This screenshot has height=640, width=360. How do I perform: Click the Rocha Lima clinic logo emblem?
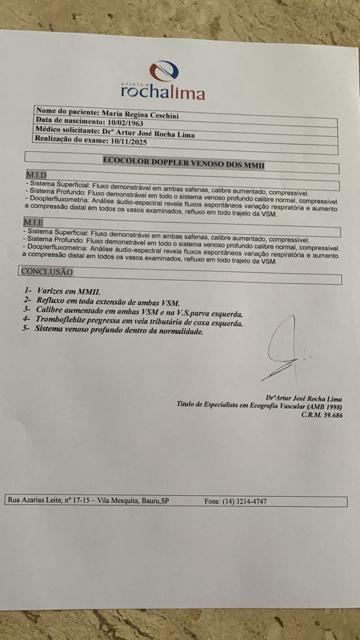(x=164, y=71)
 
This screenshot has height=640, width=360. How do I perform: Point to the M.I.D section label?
(x=36, y=175)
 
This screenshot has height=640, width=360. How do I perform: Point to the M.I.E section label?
(x=34, y=222)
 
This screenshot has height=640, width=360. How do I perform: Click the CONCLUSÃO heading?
(x=47, y=272)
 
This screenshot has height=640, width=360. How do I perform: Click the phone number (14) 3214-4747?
(x=244, y=501)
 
